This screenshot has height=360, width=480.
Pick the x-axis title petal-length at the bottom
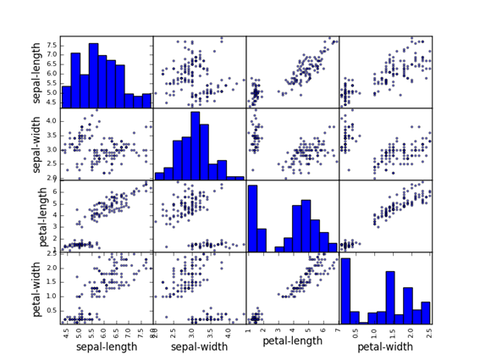click(292, 341)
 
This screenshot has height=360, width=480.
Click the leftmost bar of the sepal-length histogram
click(66, 97)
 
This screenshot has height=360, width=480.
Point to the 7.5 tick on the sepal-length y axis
click(52, 44)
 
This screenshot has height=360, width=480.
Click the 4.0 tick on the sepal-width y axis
click(52, 121)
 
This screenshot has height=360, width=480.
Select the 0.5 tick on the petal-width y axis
click(52, 310)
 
